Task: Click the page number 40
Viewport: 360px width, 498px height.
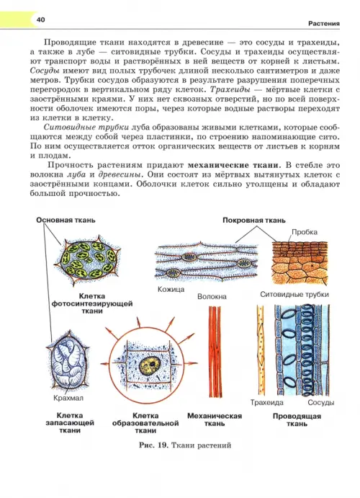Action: coord(40,19)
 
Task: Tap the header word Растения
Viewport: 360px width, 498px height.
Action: coord(324,24)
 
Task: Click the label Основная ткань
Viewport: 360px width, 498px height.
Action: coord(66,220)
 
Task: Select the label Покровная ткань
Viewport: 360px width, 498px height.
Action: coord(254,221)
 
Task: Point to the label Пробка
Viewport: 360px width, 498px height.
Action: coord(305,232)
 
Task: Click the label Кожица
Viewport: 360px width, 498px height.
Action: coord(171,289)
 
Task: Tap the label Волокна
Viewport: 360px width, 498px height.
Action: coord(212,297)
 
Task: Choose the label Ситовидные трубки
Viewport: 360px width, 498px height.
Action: coord(294,295)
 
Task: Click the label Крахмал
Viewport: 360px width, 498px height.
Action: coord(68,398)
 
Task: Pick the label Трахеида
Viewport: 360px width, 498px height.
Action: coord(266,403)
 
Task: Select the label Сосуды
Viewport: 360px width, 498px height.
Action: coord(321,403)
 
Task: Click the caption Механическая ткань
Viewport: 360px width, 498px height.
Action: coord(215,419)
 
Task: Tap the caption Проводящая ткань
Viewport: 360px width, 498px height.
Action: coord(297,420)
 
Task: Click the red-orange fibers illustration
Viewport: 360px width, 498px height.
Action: coord(215,351)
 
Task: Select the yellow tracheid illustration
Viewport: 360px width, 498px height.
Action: coord(261,351)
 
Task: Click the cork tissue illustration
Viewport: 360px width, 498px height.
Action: coord(300,262)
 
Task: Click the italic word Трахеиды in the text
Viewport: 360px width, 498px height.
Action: coord(230,90)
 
